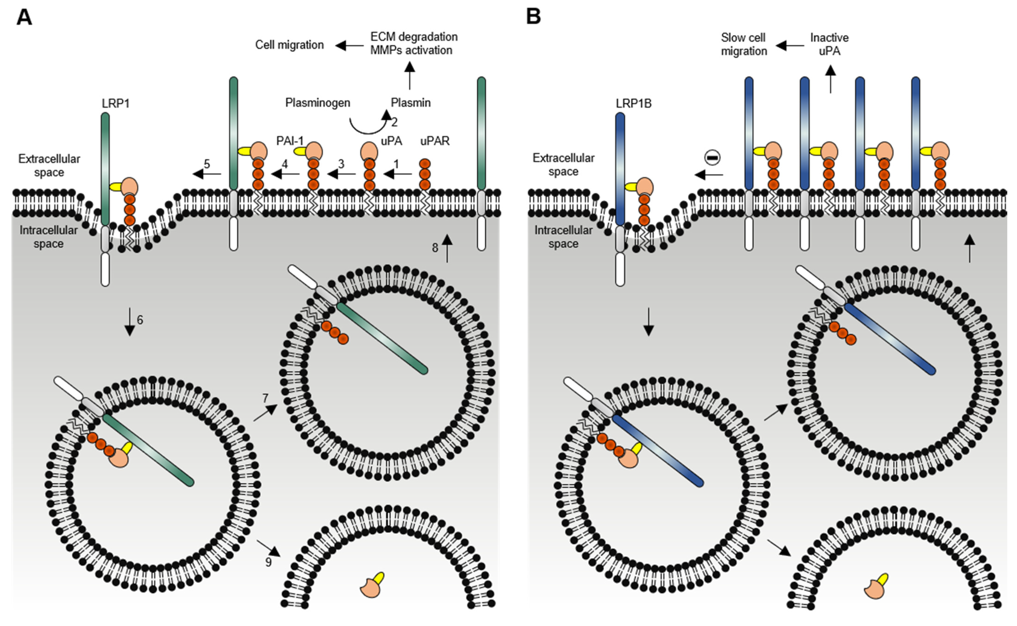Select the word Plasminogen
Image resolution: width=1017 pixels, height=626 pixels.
pos(317,103)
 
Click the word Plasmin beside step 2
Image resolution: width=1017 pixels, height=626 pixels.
pos(411,102)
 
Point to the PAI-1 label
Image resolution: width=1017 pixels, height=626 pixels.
pos(290,141)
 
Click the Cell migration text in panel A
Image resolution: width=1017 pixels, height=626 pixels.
pos(289,45)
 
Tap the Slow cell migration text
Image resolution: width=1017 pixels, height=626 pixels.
pos(744,44)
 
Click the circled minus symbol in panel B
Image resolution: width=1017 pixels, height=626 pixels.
pos(712,157)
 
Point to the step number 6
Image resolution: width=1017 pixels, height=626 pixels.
pos(140,320)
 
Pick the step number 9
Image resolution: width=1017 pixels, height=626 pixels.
pos(268,562)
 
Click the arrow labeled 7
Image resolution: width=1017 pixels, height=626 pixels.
pos(265,413)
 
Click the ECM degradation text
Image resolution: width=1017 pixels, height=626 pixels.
pos(414,37)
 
